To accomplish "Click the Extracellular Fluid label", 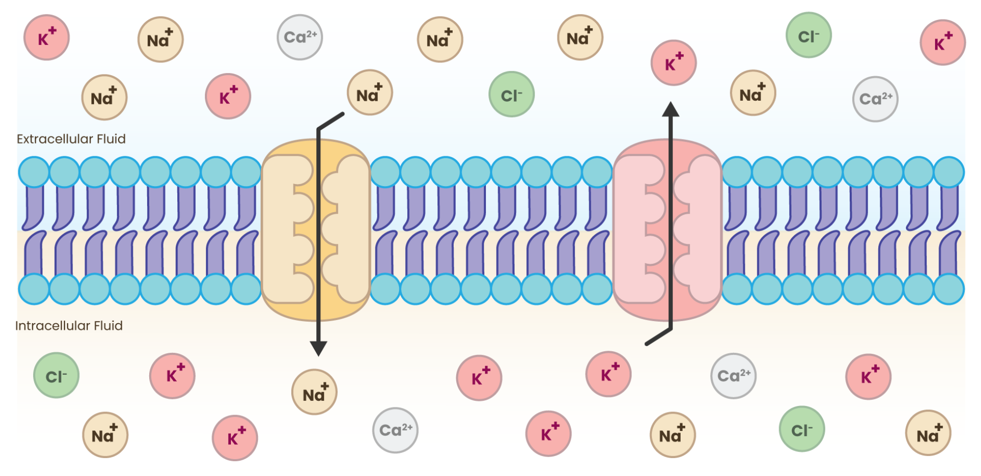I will pos(71,139).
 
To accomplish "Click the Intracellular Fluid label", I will pos(69,326).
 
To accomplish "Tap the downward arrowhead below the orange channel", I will pos(318,348).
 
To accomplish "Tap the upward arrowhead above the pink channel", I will pos(670,109).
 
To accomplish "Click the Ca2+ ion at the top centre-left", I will pos(300,37).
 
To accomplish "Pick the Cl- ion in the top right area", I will pos(808,35).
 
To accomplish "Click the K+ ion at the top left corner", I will pos(46,37).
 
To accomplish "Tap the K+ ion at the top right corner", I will pos(943,42).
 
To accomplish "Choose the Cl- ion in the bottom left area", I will pos(56,375).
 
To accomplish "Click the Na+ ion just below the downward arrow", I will pos(314,392).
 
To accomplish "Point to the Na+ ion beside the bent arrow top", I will pos(370,93).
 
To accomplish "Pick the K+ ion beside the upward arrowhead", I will pos(673,63).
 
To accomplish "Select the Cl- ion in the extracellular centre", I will pos(511,94).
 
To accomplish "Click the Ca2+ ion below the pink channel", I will pos(733,376).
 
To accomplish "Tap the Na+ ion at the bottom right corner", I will pos(928,433).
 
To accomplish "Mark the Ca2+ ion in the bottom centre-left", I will pos(395,430).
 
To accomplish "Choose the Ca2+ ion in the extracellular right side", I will pos(875,99).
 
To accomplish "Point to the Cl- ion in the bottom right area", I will pos(802,429).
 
